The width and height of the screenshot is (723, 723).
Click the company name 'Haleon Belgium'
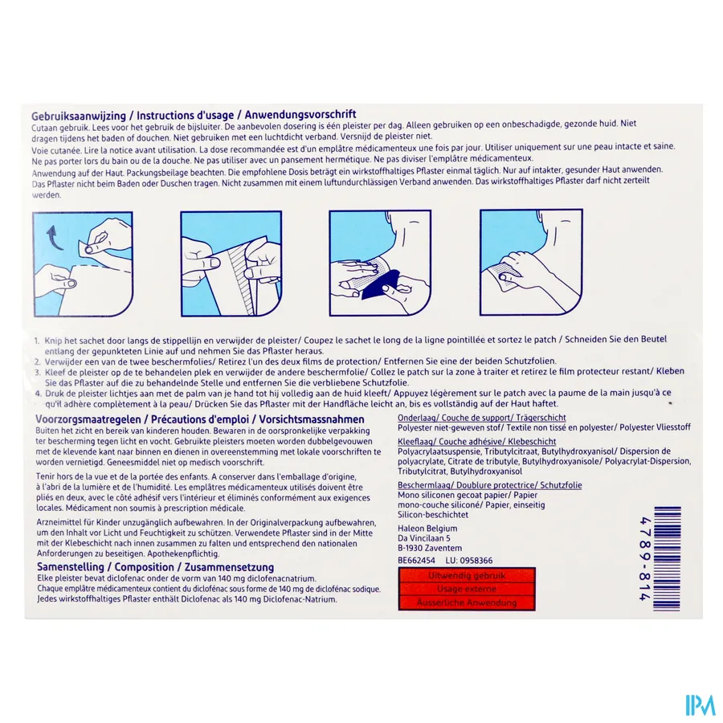(x=427, y=528)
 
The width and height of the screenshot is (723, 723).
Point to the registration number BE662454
(x=417, y=560)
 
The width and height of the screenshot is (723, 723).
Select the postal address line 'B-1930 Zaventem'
(x=430, y=548)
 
